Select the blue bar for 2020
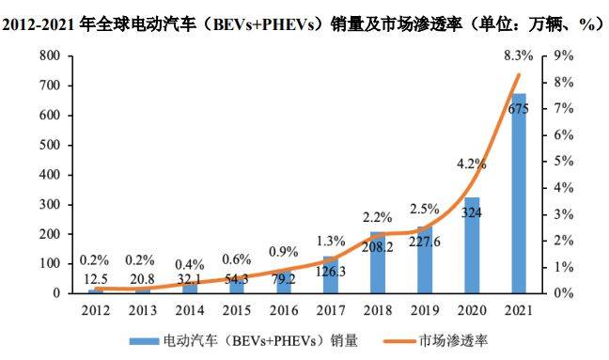pyautogui.click(x=471, y=245)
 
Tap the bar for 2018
pyautogui.click(x=377, y=262)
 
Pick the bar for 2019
pyautogui.click(x=424, y=259)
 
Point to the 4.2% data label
pyautogui.click(x=471, y=164)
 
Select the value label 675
pyautogui.click(x=518, y=109)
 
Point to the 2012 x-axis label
pyautogui.click(x=94, y=310)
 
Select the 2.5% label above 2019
pyautogui.click(x=424, y=209)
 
